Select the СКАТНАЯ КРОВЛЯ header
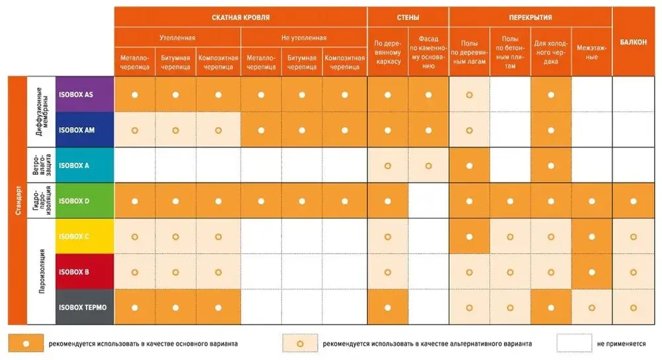(240, 17)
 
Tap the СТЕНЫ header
(408, 17)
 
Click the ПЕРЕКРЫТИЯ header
(530, 17)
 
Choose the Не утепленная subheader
(303, 38)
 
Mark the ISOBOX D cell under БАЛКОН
(634, 201)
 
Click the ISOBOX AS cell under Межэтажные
(592, 95)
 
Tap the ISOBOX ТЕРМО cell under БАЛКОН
(634, 307)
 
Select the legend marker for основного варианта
(25, 343)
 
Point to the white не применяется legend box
(573, 343)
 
